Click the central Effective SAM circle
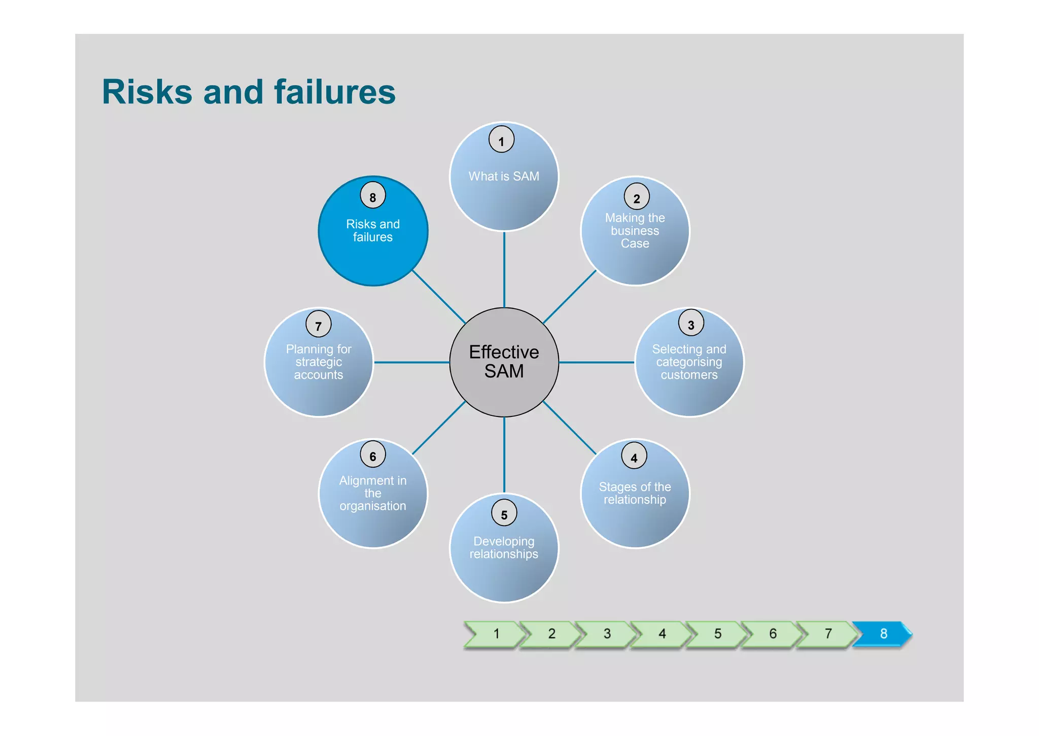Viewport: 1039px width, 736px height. coord(504,362)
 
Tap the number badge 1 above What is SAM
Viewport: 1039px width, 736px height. coord(501,140)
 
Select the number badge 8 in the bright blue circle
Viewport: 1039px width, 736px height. coord(373,196)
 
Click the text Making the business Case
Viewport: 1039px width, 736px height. coord(635,231)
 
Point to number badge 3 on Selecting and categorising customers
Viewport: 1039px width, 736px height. coord(690,323)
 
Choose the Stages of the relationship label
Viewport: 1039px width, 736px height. coord(635,493)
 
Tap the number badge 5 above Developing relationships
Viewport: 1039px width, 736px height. coord(504,513)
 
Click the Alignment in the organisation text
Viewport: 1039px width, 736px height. coord(373,493)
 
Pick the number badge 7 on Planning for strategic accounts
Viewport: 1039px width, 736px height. coord(319,324)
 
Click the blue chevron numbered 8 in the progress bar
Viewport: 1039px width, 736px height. coord(883,634)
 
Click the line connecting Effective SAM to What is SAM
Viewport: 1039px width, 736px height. coord(504,269)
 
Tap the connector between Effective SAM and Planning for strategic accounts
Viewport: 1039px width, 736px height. coord(411,362)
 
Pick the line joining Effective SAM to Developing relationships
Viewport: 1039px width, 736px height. coord(504,454)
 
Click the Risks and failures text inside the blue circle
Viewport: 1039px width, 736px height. coord(373,231)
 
